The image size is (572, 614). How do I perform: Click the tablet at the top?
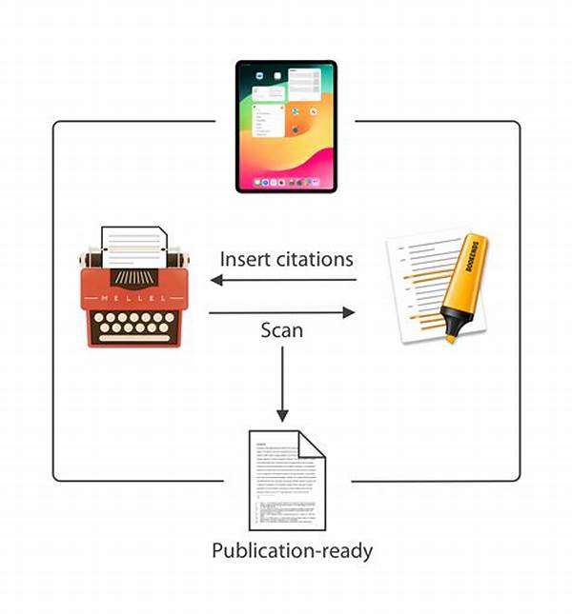tap(286, 126)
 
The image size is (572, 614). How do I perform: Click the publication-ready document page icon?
tap(286, 481)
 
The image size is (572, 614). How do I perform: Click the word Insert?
tap(246, 259)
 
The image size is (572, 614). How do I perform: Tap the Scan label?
tap(281, 330)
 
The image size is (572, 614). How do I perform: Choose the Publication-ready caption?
tap(292, 551)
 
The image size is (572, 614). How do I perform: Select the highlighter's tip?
tap(448, 336)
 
